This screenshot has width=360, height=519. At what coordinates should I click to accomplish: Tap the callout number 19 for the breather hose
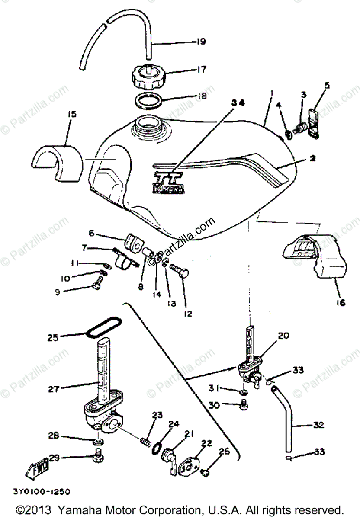[x=200, y=42]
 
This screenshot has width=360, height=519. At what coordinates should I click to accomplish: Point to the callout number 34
[x=238, y=103]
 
